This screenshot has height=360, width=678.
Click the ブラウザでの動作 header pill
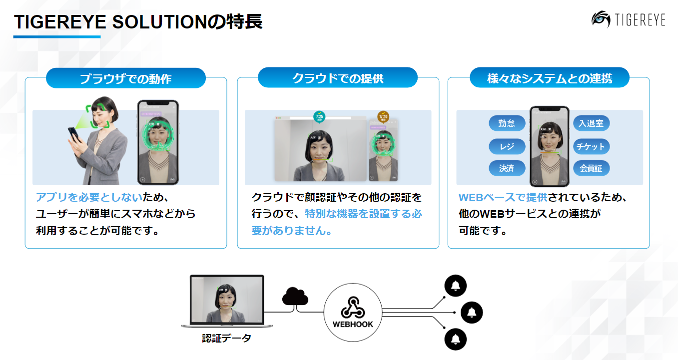[x=126, y=78]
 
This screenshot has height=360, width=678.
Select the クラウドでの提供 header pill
[x=338, y=78]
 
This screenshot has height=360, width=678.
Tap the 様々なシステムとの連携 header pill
[x=549, y=78]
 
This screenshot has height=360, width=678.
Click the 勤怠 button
[x=507, y=123]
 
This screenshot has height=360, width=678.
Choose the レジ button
[x=507, y=146]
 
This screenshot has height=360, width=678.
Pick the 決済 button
[x=507, y=168]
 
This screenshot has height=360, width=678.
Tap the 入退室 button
[x=591, y=123]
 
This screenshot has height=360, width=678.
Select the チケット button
[x=591, y=146]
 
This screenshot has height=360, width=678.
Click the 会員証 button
[x=591, y=168]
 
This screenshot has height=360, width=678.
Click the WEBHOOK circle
[x=353, y=313]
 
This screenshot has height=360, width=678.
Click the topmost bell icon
[x=455, y=286]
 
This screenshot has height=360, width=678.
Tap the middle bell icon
[x=472, y=313]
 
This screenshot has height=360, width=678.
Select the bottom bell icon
[x=455, y=339]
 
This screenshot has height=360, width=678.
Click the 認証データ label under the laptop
[x=226, y=339]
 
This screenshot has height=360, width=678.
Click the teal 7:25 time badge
[x=319, y=117]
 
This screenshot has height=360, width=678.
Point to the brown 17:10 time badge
[x=383, y=117]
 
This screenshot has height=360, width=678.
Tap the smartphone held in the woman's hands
[x=73, y=133]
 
